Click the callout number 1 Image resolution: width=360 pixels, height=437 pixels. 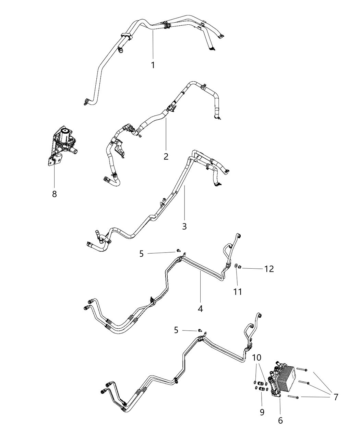pyautogui.click(x=153, y=65)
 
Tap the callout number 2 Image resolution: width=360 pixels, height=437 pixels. pyautogui.click(x=166, y=157)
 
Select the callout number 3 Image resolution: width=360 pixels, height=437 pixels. pyautogui.click(x=184, y=226)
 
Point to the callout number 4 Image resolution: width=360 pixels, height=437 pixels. pyautogui.click(x=200, y=308)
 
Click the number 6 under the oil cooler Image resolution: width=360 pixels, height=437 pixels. pyautogui.click(x=280, y=421)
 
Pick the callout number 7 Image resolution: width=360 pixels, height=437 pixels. pyautogui.click(x=336, y=397)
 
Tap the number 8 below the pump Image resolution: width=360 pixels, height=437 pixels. pyautogui.click(x=54, y=194)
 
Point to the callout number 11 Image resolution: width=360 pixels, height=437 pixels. pyautogui.click(x=238, y=292)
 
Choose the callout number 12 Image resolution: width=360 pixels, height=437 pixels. pyautogui.click(x=269, y=269)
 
